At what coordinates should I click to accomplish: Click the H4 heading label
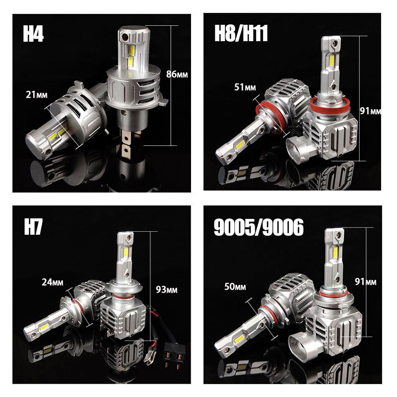[33, 33]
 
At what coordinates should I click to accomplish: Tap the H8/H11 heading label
[241, 33]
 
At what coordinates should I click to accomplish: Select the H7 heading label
[33, 227]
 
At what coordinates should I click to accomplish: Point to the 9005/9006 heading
[259, 227]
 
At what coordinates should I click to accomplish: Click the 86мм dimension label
[177, 74]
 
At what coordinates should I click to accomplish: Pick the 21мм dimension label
[36, 95]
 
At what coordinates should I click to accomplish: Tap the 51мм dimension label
[245, 87]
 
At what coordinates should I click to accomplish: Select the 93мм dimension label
[167, 289]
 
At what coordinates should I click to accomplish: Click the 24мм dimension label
[53, 282]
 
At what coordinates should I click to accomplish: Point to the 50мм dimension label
[235, 287]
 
